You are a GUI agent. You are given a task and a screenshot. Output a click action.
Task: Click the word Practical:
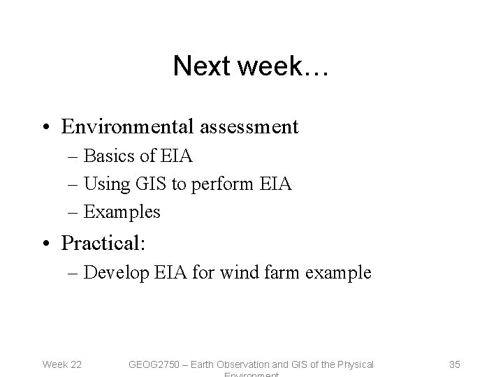pyautogui.click(x=102, y=243)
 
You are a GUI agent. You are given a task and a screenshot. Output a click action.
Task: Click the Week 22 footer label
pyautogui.click(x=62, y=364)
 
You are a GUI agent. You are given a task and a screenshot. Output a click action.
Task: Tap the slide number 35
pyautogui.click(x=454, y=364)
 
